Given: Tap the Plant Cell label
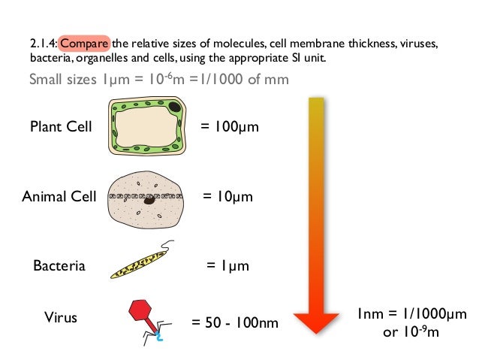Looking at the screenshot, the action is pos(61,126).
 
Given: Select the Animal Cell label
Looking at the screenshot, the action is pos(59,197).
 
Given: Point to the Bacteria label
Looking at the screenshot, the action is pos(59,265).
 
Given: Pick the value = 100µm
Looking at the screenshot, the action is pos(230,126).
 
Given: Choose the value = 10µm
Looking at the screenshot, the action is pos(228,197).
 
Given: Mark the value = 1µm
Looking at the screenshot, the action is pos(227,265).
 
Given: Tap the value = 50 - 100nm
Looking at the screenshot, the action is pos(234,323).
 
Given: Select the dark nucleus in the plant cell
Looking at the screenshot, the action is pos(174,108).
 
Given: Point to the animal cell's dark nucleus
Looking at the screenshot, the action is pos(150,200).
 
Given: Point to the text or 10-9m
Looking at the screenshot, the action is pos(412,331).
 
